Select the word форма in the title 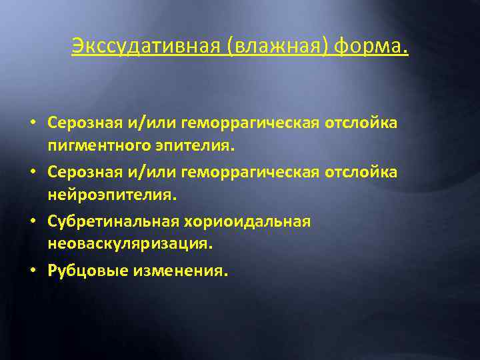coord(369,48)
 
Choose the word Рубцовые coord(81,271)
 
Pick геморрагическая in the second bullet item coord(249,173)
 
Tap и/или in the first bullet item coord(145,123)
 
